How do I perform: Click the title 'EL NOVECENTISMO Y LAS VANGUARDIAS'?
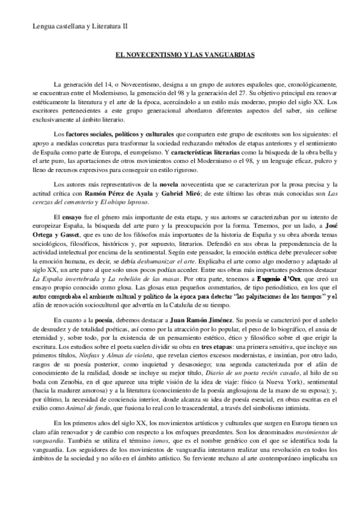[x=180, y=54]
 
